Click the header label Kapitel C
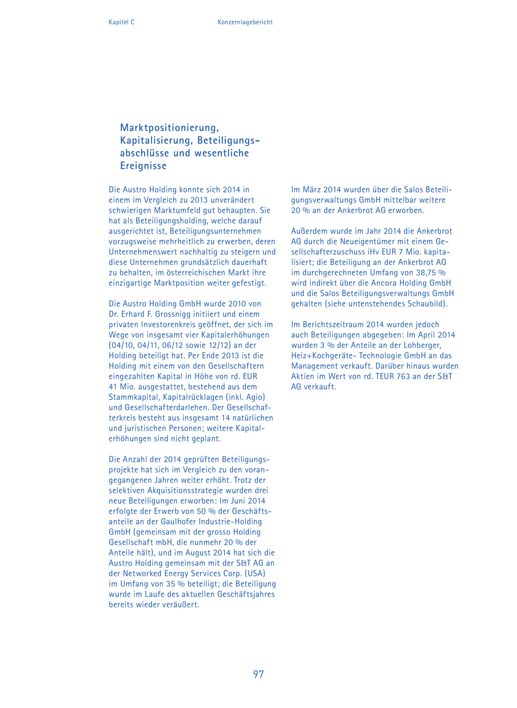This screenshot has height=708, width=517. click(x=121, y=22)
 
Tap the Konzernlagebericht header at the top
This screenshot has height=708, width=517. click(x=245, y=22)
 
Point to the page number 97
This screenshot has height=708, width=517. click(x=258, y=674)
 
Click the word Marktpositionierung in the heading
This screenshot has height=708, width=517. click(x=169, y=127)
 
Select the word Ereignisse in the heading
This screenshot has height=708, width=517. click(x=143, y=166)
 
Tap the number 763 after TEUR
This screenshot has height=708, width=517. click(x=403, y=376)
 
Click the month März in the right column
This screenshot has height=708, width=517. click(x=312, y=190)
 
